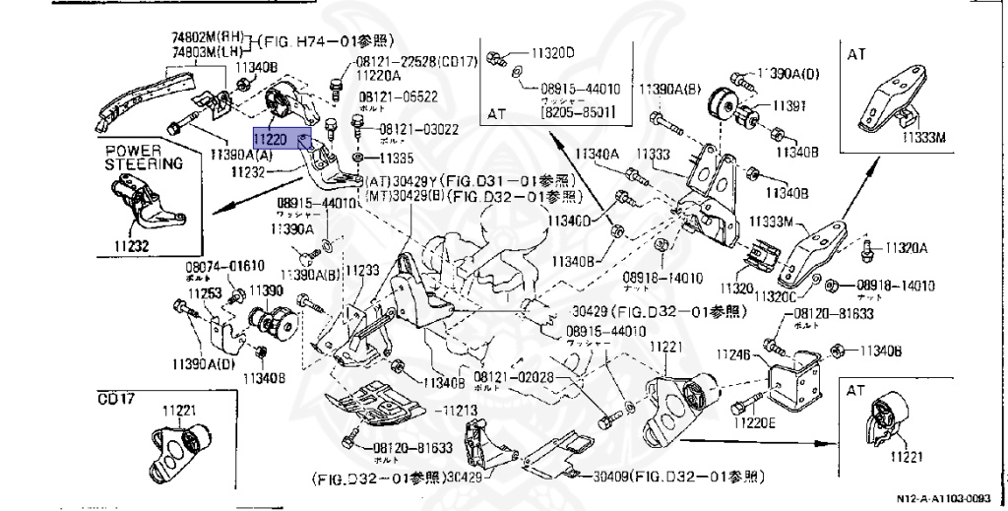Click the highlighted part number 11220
(x=276, y=140)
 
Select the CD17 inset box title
(x=115, y=400)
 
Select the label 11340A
(x=598, y=154)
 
